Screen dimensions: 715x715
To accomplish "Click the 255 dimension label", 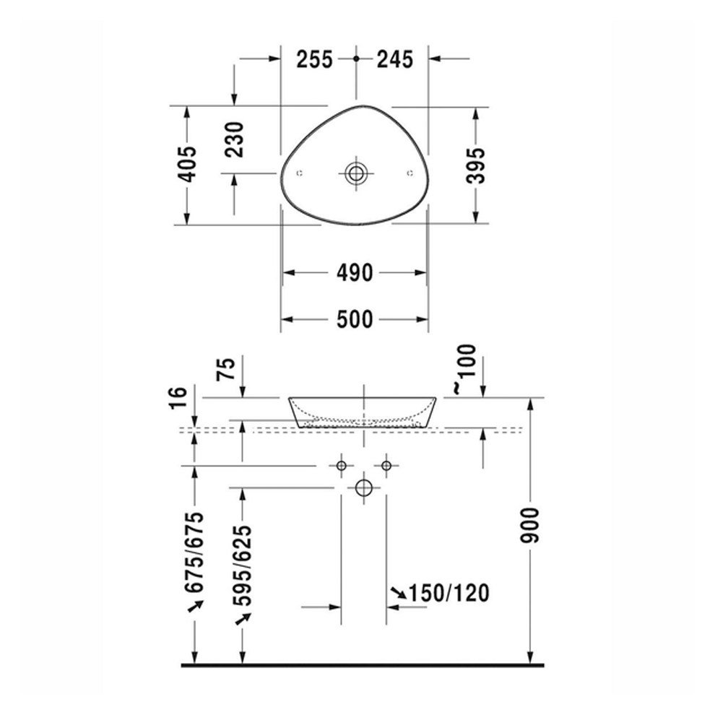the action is click(315, 59).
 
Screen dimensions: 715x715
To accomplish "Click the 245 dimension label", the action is click(395, 59).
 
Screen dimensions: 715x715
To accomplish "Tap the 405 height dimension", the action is click(187, 164).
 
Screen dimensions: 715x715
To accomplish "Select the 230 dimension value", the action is click(235, 139).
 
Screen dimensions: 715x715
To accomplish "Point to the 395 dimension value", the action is click(476, 165).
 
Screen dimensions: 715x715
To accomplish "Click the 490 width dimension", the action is click(355, 273).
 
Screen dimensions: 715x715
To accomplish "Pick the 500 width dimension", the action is click(355, 319).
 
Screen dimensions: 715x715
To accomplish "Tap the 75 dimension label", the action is click(227, 368).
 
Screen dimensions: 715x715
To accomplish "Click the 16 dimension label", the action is click(178, 398).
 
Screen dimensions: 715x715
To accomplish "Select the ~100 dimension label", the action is click(464, 368).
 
